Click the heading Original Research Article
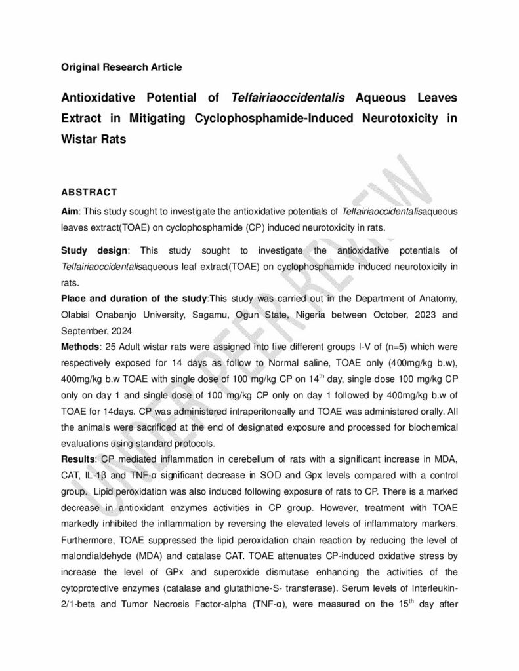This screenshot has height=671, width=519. tap(121, 67)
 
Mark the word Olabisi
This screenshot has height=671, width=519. tap(78, 315)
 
